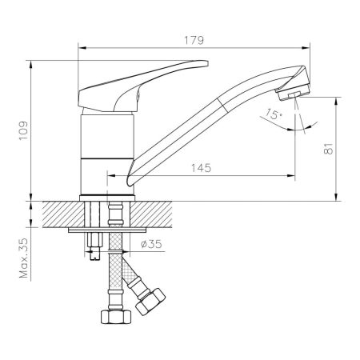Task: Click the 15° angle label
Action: (x=275, y=116)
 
